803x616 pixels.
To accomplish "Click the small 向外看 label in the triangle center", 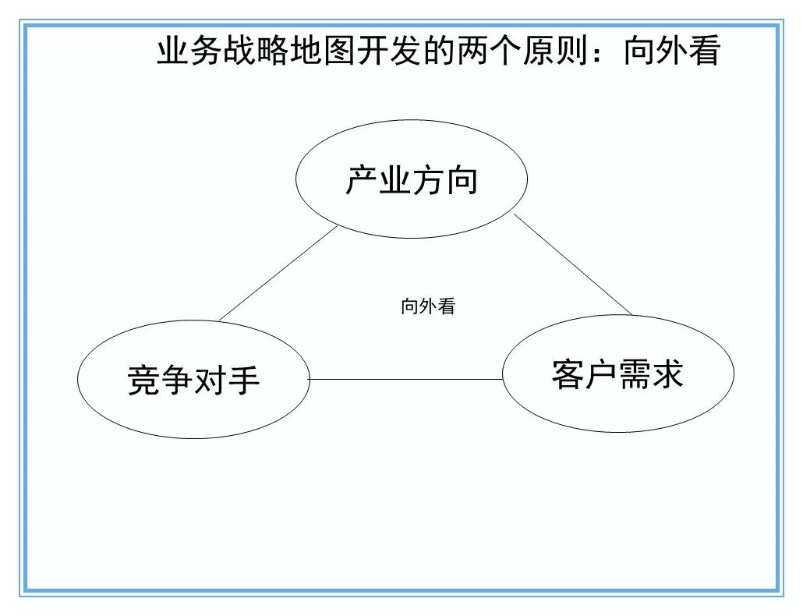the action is click(428, 306).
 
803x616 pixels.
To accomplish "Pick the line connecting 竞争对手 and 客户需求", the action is click(405, 380).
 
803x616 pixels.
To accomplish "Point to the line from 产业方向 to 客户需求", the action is click(572, 264).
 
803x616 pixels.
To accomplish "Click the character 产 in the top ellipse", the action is click(362, 180).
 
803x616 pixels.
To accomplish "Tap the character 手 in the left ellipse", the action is click(244, 381).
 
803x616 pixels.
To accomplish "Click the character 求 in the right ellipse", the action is click(667, 374).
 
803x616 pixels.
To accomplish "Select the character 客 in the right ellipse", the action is click(568, 374).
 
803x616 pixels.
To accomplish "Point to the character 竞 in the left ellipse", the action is click(144, 381).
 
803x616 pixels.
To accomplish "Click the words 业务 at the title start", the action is click(190, 51).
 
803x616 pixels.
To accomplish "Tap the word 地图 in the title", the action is click(322, 51).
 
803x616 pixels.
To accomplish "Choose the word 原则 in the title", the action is click(555, 51).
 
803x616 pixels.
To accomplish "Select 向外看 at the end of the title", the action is click(672, 51).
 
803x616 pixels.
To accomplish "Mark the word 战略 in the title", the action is click(256, 51).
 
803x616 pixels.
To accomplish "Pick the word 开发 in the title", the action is click(389, 51).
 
